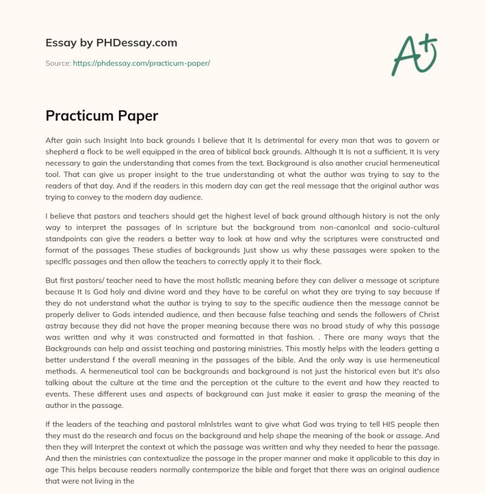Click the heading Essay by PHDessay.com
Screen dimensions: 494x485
tap(111, 43)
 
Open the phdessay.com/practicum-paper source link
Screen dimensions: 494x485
tap(141, 63)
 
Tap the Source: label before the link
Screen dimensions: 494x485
tap(58, 63)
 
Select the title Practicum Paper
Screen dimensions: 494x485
tap(101, 115)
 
